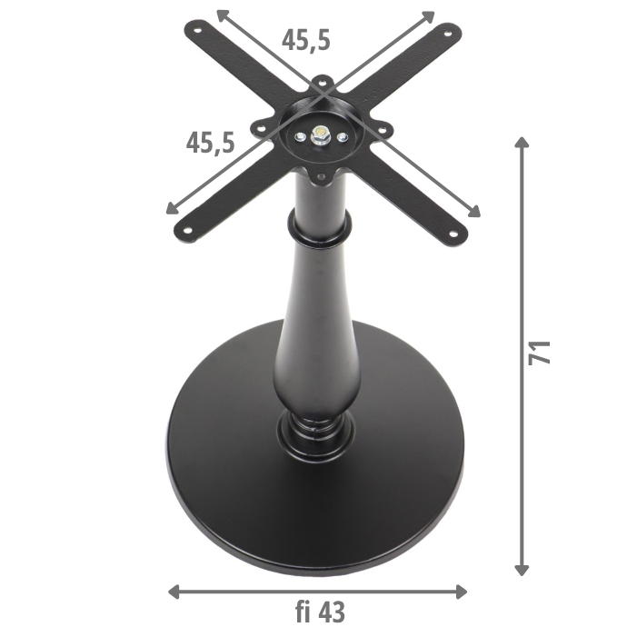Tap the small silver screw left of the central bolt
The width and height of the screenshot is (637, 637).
pos(299,137)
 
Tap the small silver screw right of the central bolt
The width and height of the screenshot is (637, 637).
pos(342,137)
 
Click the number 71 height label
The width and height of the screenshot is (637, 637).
pos(541,352)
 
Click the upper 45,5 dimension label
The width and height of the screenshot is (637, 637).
pos(305,40)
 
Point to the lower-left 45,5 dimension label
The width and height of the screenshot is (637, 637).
pos(210,142)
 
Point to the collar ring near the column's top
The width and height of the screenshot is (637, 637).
pos(318,229)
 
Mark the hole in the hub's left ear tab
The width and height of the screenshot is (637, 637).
pos(260,130)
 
